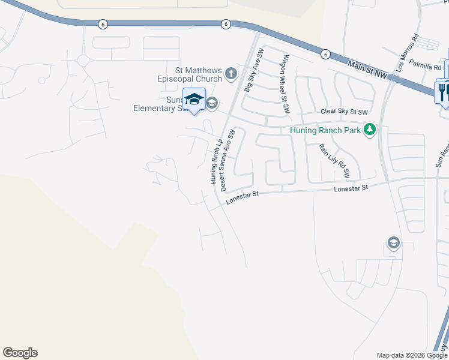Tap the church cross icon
click(231, 74)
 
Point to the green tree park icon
click(370, 129)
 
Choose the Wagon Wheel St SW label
click(286, 83)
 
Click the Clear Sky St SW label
click(343, 112)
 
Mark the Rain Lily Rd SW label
click(334, 161)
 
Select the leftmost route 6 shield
click(103, 23)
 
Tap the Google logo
click(20, 353)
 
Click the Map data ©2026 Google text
click(411, 355)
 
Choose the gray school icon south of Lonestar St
click(393, 243)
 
